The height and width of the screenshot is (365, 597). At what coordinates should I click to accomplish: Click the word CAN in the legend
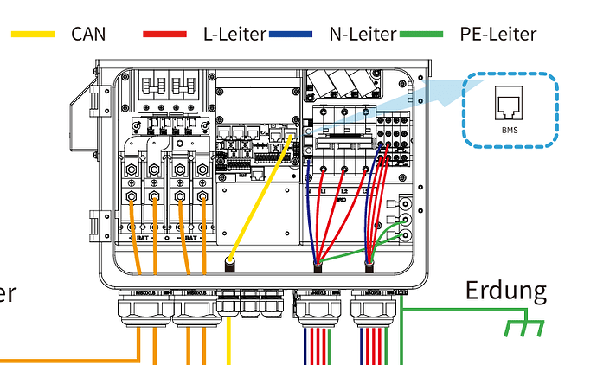[x=87, y=35]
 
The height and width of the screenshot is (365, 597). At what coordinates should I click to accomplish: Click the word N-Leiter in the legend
[x=363, y=35]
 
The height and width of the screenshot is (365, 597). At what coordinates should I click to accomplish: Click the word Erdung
[x=506, y=291]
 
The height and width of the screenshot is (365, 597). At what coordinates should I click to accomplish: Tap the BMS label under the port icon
[x=509, y=130]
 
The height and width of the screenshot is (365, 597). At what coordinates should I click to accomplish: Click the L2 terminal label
[x=343, y=189]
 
